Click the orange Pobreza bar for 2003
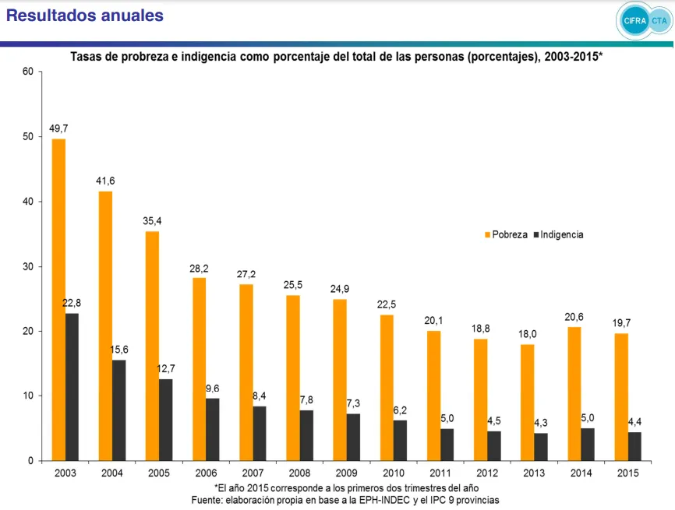58,300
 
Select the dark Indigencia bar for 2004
118,410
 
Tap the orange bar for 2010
387,388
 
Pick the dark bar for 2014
588,444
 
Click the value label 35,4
153,221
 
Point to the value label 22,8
72,303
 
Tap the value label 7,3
354,403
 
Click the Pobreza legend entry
506,234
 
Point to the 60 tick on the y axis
27,72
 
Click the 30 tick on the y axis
27,266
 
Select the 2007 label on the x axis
253,473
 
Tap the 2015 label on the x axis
627,473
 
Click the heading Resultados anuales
85,16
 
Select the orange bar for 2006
199,369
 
